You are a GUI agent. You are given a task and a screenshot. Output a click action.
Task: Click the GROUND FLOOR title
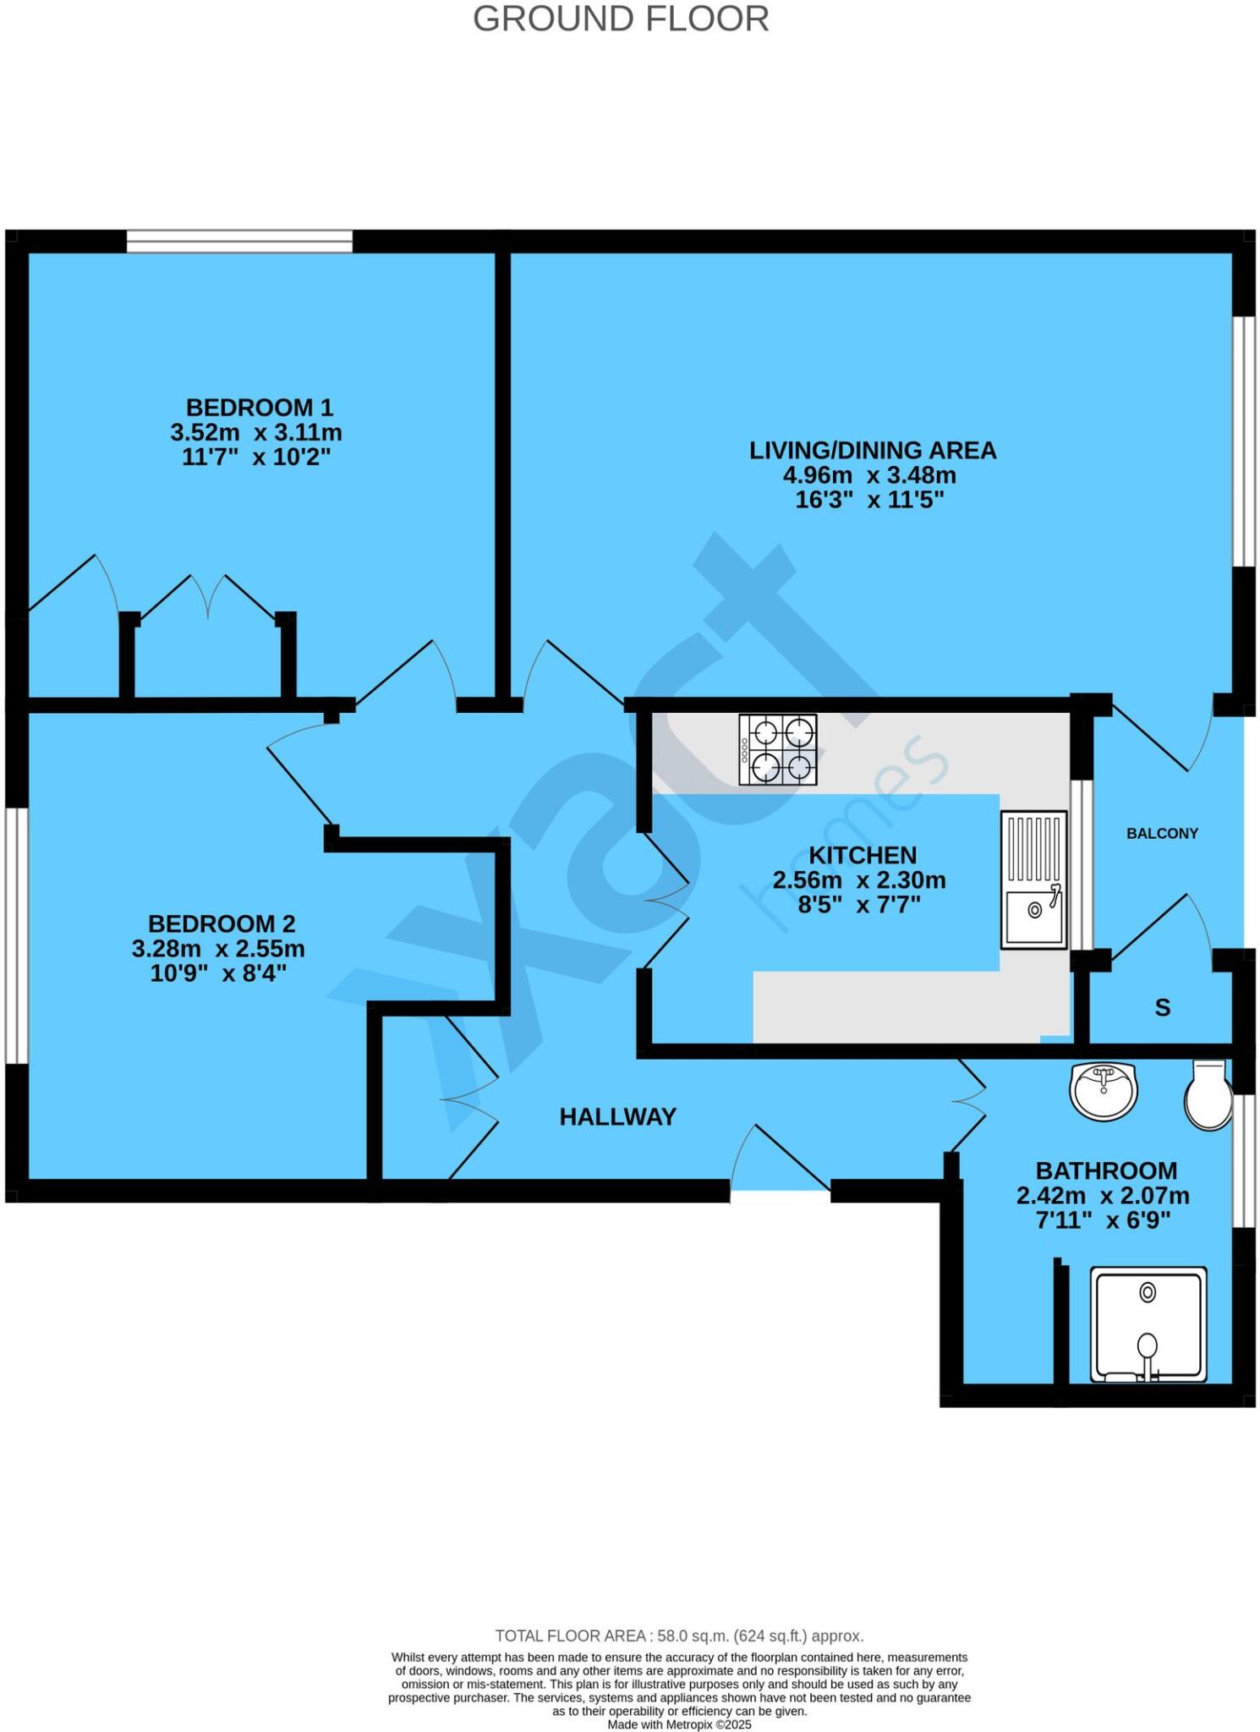(x=621, y=19)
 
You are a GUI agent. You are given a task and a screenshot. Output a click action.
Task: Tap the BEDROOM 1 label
(x=260, y=408)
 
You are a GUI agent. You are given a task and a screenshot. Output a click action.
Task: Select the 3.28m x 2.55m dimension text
(x=218, y=949)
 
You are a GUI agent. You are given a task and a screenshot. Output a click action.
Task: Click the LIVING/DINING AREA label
(x=873, y=450)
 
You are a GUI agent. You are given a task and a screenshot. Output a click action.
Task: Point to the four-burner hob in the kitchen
(x=778, y=750)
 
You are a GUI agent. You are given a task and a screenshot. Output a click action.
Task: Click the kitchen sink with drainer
(x=1033, y=879)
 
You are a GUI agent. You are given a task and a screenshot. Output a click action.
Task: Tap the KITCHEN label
(x=863, y=855)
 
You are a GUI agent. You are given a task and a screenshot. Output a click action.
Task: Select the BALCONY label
(x=1162, y=833)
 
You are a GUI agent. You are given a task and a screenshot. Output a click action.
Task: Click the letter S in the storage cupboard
(x=1163, y=1008)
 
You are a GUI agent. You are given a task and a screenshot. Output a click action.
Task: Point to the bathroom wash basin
(x=1104, y=1091)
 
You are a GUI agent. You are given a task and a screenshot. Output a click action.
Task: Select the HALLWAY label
(x=618, y=1117)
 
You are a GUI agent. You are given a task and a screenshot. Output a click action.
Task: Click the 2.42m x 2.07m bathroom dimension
(x=1103, y=1196)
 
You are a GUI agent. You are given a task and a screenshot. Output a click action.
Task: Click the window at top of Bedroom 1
(x=239, y=241)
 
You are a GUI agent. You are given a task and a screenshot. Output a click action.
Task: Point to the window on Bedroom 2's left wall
(x=17, y=935)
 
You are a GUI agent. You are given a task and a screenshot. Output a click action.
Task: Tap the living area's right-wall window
(x=1242, y=441)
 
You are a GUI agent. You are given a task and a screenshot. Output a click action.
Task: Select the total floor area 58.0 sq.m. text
(x=679, y=1636)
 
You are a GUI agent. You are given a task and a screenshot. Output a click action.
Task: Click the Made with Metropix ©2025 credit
(x=679, y=1724)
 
